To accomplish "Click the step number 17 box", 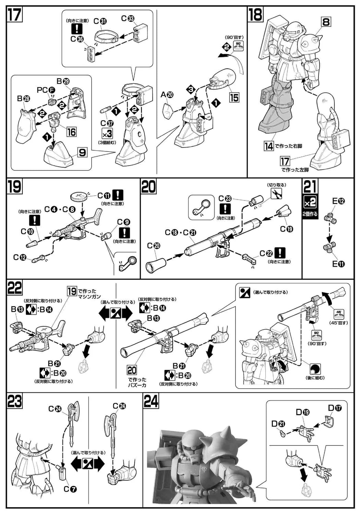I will [x=15, y=15].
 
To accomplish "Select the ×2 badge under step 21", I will [x=310, y=203].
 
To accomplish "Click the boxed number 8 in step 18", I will [x=326, y=22].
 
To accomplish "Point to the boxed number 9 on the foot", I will [x=82, y=153].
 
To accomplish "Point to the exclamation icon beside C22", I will [x=280, y=253].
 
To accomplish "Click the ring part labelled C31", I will [x=107, y=37].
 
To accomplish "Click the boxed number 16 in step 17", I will [x=71, y=131].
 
